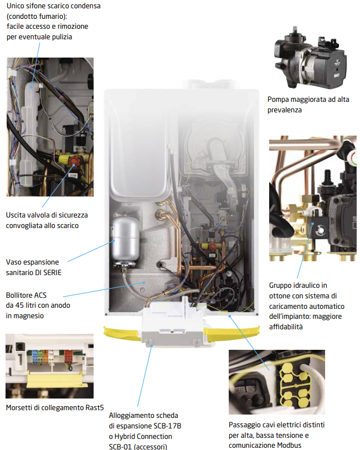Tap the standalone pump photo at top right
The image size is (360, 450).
coord(310,58)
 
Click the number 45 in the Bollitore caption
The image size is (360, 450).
coord(19,306)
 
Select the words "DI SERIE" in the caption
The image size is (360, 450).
coord(48,273)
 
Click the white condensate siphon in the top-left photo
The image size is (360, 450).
coord(30,132)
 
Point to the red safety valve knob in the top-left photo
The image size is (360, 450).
coord(74,161)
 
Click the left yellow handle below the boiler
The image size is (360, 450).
coord(122,334)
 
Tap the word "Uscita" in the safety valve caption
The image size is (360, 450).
coord(16,215)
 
